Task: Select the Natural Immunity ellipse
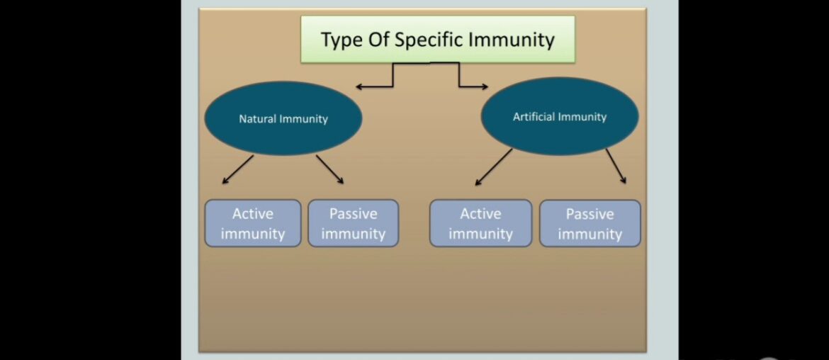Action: click(283, 118)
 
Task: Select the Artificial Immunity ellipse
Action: click(559, 116)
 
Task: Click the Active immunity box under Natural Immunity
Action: click(252, 223)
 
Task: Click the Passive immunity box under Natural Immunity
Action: click(353, 223)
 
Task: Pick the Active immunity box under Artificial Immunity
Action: click(480, 223)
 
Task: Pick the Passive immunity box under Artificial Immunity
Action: click(590, 223)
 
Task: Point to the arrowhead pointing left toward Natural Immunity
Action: click(359, 87)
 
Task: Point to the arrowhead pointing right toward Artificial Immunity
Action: click(485, 87)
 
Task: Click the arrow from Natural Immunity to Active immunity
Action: click(237, 170)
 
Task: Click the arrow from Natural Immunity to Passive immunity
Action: click(330, 169)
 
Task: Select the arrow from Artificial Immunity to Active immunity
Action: click(493, 167)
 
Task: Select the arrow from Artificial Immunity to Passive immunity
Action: click(616, 167)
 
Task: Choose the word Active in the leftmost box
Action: click(252, 213)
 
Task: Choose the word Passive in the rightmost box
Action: click(590, 214)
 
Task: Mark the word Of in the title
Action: click(378, 40)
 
